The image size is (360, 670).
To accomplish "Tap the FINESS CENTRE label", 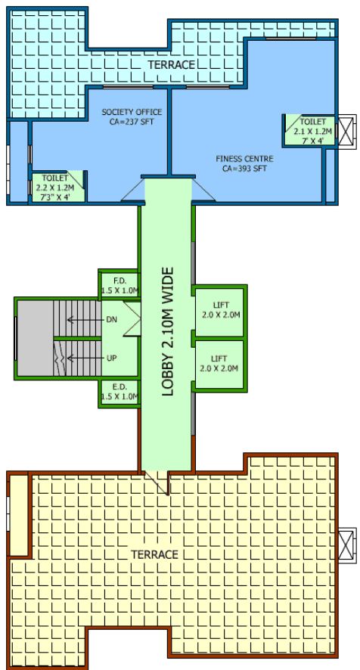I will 244,159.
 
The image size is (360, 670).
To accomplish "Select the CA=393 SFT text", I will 244,169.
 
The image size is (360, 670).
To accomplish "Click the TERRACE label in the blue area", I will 172,65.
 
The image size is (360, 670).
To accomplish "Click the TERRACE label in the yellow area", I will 154,554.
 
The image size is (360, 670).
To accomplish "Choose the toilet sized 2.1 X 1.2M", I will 307,131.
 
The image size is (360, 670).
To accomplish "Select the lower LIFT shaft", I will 219,364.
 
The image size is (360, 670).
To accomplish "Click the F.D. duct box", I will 119,285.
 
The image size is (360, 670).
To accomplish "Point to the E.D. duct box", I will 119,391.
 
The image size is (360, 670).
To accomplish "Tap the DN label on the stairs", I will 111,319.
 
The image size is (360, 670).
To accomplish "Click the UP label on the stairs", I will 111,358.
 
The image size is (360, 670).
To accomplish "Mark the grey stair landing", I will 35,338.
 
